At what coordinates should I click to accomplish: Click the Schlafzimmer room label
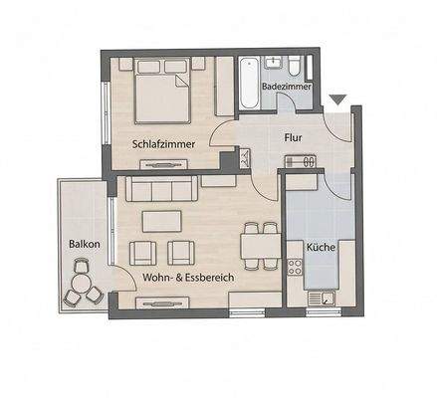coord(162,144)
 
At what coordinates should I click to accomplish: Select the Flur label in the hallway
coord(293,138)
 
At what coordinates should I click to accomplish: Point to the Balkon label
coord(83,244)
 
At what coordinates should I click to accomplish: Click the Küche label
coord(320,247)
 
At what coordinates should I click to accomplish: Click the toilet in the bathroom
coord(296,68)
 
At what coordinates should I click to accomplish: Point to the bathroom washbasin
coord(272,66)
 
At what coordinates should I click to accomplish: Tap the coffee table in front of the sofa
coord(161,221)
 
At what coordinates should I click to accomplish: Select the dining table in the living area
coord(260,246)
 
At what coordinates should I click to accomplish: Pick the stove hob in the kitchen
coord(295,266)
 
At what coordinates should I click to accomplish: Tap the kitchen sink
coord(321,296)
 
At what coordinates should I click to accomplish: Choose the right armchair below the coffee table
coord(180,253)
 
